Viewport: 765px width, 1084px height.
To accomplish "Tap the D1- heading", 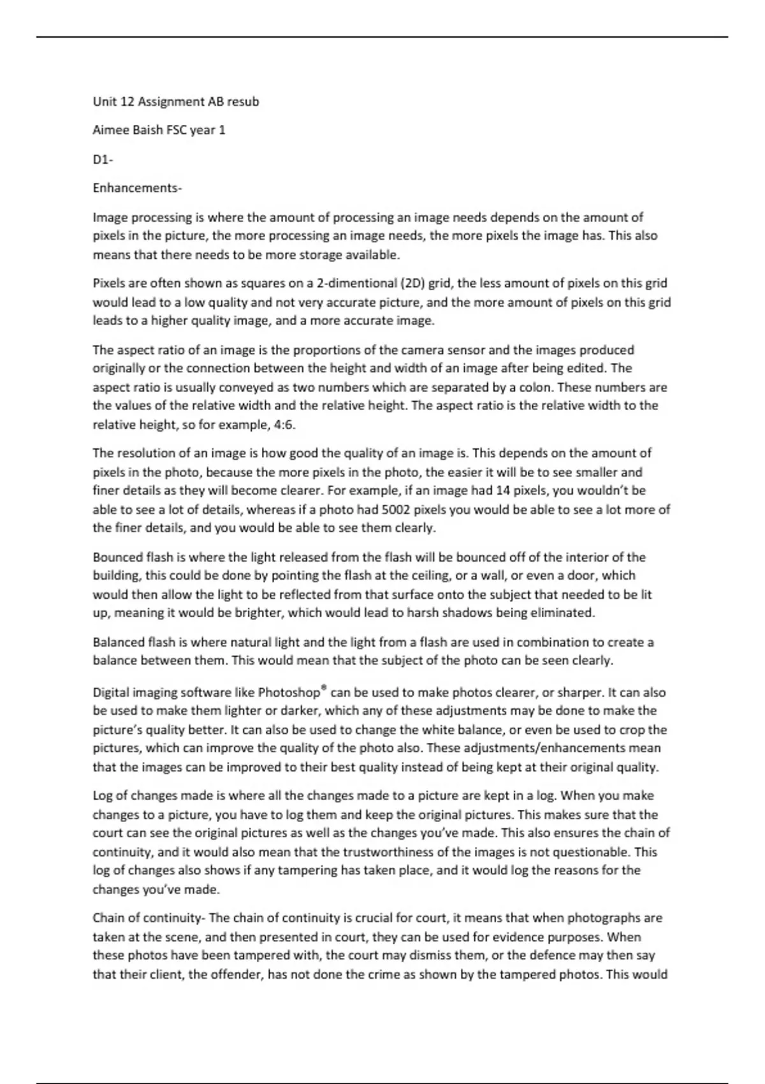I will (103, 159).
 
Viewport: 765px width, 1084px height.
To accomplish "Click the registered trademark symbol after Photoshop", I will (324, 688).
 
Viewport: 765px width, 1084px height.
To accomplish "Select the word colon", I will (535, 388).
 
